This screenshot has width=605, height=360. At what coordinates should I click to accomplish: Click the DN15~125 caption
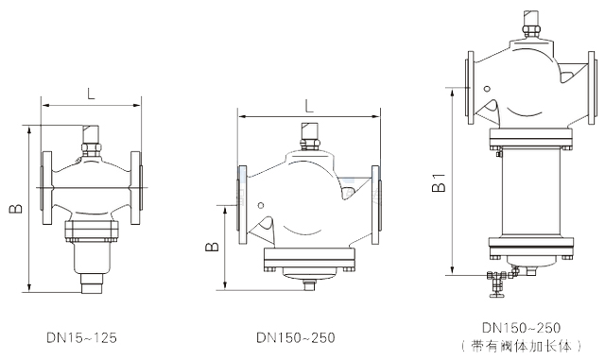[x=81, y=337]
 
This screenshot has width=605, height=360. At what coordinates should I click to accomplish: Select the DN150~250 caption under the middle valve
[x=296, y=337]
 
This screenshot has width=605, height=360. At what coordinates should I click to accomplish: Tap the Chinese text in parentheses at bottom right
[x=521, y=346]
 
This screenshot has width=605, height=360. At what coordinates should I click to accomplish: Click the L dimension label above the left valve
[x=91, y=93]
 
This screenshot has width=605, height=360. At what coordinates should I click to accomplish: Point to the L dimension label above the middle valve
[x=309, y=106]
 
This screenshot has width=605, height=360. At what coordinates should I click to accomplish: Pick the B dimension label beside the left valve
[x=16, y=209]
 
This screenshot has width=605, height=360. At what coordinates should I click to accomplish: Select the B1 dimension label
[x=439, y=182]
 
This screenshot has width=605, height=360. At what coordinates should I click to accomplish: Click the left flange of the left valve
[x=46, y=187]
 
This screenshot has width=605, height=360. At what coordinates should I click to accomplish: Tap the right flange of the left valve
[x=136, y=187]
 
